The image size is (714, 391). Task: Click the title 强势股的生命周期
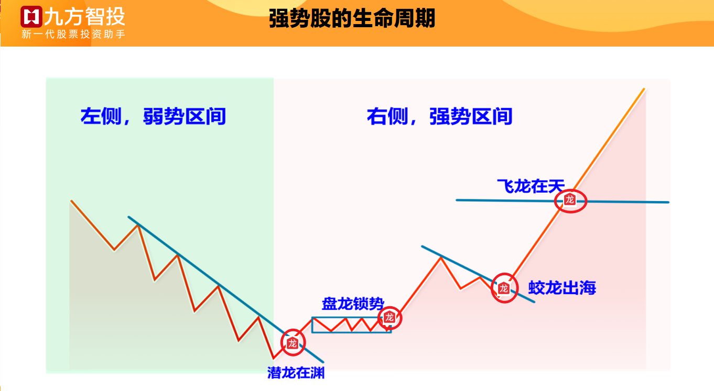click(x=352, y=18)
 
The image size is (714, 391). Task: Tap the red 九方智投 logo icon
click(x=31, y=17)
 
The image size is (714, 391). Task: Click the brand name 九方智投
click(x=85, y=17)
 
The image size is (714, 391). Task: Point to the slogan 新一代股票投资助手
click(x=73, y=34)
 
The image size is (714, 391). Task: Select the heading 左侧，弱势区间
click(x=153, y=116)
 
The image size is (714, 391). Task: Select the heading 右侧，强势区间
click(x=439, y=116)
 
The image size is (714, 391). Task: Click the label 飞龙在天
click(x=531, y=186)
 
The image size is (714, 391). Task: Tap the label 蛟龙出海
click(x=562, y=288)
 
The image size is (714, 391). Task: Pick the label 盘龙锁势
click(x=353, y=304)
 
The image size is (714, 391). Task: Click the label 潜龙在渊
click(x=296, y=373)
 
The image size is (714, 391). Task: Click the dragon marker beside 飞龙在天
click(x=570, y=200)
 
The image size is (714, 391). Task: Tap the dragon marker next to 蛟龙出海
click(x=504, y=288)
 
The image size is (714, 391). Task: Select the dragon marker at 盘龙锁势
click(x=390, y=318)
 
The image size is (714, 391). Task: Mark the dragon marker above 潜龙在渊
click(x=293, y=343)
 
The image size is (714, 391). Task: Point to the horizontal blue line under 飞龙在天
click(x=562, y=201)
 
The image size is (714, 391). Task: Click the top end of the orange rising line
click(x=644, y=89)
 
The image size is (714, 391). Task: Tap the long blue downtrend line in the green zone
click(x=225, y=289)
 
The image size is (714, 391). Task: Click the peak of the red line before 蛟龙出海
click(x=441, y=258)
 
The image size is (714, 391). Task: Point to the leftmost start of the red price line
click(x=71, y=201)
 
